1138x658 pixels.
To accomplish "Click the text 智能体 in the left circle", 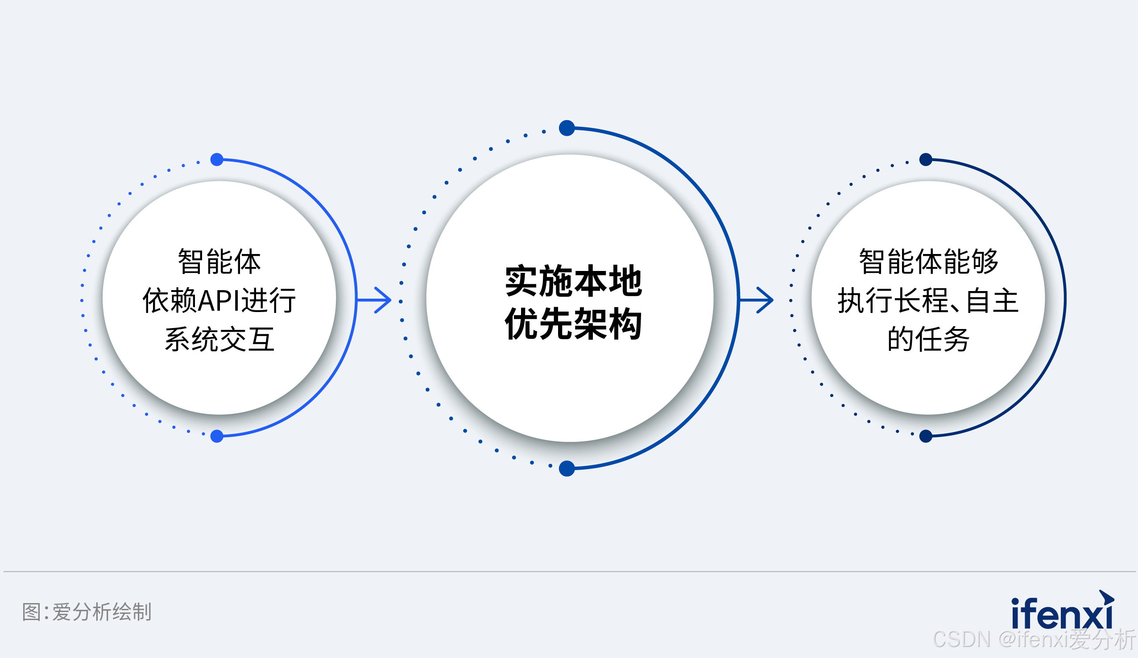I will (219, 262).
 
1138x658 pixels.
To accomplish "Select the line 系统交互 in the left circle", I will (219, 340).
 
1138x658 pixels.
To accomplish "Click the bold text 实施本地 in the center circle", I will (574, 281).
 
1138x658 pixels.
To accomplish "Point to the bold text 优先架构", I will (574, 324).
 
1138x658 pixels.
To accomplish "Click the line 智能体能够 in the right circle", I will (928, 262).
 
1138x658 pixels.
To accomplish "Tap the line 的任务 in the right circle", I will (928, 340).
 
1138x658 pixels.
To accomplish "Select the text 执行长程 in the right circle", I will (892, 301).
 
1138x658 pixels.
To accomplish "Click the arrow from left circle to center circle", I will (375, 300).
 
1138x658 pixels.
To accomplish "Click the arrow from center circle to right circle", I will (757, 300).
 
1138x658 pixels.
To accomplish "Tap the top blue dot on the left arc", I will (217, 159).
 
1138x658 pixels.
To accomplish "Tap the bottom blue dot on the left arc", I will (217, 436).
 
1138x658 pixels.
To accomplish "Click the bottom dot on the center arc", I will (567, 469).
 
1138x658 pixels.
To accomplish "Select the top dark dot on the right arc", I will (926, 159).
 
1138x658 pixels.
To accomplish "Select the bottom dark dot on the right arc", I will (926, 436).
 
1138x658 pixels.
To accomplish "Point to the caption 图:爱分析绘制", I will (87, 612).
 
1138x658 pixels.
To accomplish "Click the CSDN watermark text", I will (1034, 639).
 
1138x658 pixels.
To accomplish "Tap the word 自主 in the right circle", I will (992, 301).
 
